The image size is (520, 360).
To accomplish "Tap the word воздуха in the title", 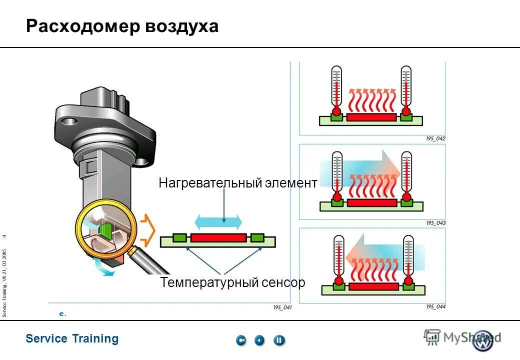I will click(182, 26).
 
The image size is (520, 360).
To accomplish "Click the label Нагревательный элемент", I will click(237, 183).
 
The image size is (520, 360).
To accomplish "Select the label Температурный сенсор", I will click(232, 282).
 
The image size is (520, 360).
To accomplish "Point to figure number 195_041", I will click(282, 308).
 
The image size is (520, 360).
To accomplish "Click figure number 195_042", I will click(435, 138).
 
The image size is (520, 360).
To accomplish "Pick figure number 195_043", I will click(435, 223).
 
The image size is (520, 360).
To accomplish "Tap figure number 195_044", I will click(435, 307).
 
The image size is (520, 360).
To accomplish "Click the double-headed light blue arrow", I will click(218, 221).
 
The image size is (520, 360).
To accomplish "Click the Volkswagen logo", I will click(483, 340).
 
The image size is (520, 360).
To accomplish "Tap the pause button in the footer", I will click(279, 340).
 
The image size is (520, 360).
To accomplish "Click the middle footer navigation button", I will click(259, 340).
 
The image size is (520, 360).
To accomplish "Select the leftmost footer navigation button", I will click(241, 340).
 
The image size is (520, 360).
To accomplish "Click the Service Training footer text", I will click(72, 339).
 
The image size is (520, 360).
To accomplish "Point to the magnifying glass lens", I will click(106, 230).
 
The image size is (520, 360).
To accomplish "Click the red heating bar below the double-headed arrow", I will click(218, 237).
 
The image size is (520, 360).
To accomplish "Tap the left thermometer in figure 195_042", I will click(337, 90).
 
